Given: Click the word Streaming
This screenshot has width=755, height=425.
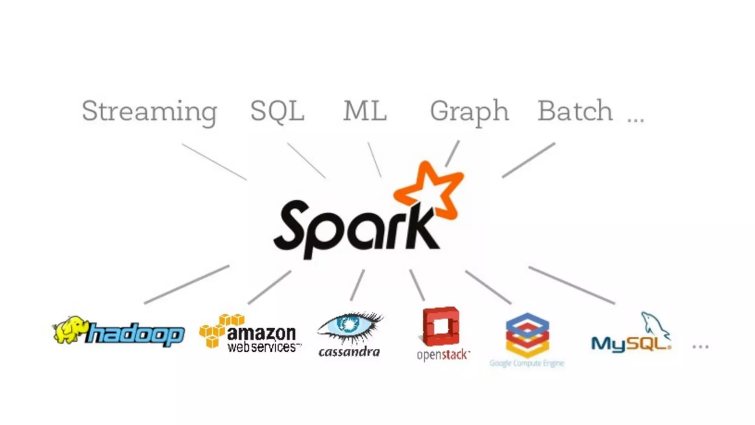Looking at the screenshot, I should click(x=149, y=111).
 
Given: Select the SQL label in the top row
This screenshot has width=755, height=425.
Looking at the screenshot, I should click(x=277, y=111).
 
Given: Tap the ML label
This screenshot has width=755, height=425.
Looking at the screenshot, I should click(x=365, y=111).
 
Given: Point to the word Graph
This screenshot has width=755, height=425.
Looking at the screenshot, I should click(x=469, y=111).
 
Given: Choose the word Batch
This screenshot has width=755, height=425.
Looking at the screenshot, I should click(x=575, y=111).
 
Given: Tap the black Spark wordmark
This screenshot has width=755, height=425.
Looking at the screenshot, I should click(x=354, y=229).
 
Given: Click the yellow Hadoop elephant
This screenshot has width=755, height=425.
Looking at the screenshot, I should click(x=70, y=329).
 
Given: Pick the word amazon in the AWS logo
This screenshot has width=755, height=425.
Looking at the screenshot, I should click(x=261, y=333).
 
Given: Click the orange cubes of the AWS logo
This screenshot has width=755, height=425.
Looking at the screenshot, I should click(x=218, y=329).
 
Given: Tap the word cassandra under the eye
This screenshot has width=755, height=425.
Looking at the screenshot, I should click(x=349, y=352).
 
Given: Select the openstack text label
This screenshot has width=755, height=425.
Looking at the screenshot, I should click(x=443, y=355).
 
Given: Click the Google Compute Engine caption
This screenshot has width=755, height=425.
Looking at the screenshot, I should click(x=527, y=363).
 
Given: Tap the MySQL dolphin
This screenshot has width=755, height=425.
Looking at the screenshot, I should click(x=655, y=325).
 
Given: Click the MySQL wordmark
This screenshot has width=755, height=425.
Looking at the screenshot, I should click(x=630, y=344).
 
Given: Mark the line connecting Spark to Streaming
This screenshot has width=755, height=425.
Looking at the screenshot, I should click(x=214, y=162).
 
